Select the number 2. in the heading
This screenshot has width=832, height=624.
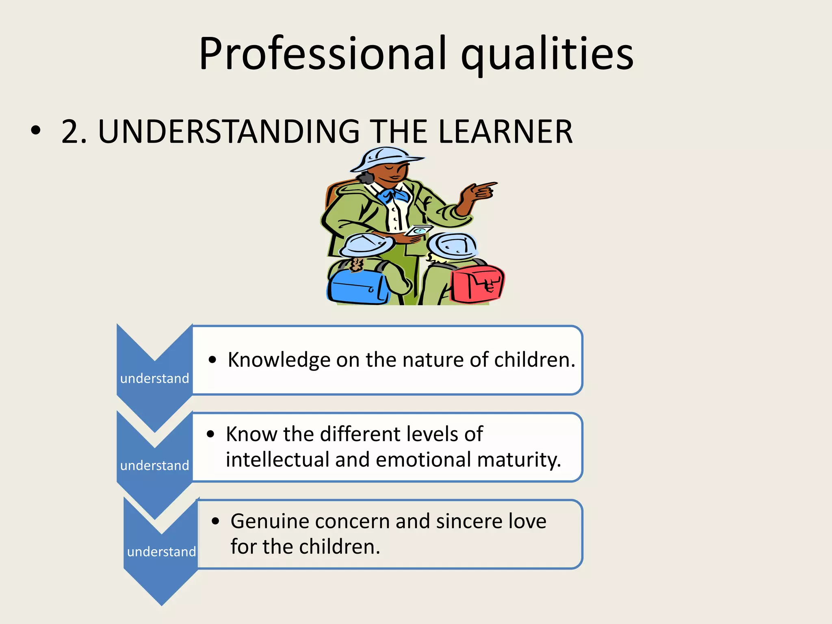pyautogui.click(x=74, y=132)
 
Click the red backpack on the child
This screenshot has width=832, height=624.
pyautogui.click(x=477, y=283)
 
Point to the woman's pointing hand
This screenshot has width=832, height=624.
pyautogui.click(x=479, y=191)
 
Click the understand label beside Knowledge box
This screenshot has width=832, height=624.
pyautogui.click(x=154, y=379)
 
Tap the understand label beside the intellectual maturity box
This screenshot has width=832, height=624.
pyautogui.click(x=154, y=466)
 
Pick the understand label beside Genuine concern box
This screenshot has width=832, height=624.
pyautogui.click(x=161, y=552)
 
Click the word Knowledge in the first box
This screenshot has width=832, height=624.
pyautogui.click(x=279, y=360)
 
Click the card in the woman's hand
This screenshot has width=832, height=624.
pyautogui.click(x=418, y=230)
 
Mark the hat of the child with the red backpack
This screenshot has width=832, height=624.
pyautogui.click(x=452, y=245)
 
